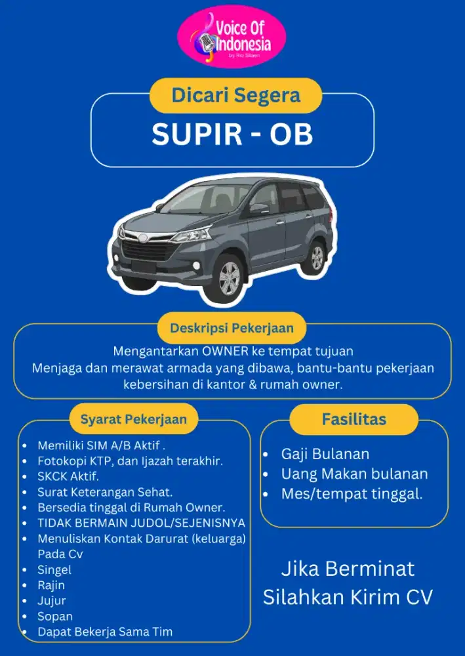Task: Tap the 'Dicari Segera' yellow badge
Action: [235, 95]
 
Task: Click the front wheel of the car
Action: [229, 279]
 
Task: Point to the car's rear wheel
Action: [316, 258]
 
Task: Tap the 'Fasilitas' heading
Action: [354, 419]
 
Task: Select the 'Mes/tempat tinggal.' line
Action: [352, 494]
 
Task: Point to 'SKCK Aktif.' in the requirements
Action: [68, 476]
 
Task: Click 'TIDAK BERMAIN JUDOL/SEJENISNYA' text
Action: [141, 523]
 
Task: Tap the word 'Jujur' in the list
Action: [52, 600]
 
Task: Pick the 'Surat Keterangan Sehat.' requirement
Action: [105, 491]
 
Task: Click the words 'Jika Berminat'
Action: [348, 568]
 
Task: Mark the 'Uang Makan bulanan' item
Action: [354, 474]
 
